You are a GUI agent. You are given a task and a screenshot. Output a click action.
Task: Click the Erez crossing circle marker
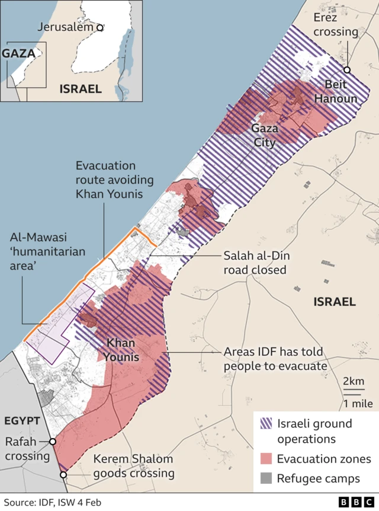[347, 70]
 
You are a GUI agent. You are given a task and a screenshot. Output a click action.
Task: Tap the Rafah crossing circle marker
[53, 442]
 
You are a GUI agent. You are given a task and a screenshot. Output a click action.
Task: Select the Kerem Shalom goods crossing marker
[63, 474]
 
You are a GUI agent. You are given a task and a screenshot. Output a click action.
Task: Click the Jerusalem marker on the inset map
[100, 27]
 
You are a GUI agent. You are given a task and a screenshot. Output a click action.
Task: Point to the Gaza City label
[264, 135]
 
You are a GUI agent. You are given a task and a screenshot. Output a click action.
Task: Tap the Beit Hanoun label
[336, 92]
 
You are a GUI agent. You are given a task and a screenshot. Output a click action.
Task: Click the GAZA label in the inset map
[18, 53]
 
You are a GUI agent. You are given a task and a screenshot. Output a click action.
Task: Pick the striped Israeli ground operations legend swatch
[266, 423]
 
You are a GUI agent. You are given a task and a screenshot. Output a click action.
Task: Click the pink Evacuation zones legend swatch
[266, 459]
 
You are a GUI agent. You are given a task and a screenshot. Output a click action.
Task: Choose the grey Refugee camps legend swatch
[266, 478]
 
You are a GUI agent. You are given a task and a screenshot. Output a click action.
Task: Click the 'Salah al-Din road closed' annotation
[255, 263]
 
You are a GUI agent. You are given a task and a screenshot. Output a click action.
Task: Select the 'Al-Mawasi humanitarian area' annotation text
[47, 251]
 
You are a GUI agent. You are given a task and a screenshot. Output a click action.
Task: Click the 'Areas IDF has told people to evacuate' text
[275, 359]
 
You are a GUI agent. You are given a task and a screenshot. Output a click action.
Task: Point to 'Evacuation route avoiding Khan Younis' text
[107, 180]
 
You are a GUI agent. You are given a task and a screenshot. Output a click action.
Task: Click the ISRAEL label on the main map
[335, 302]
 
